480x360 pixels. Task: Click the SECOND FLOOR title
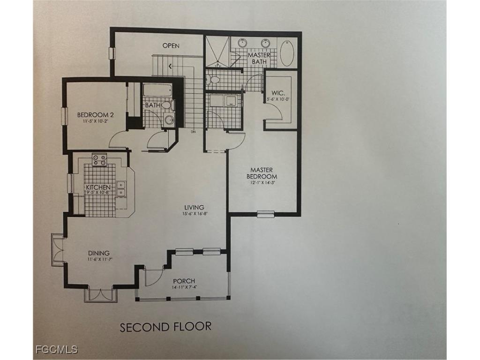click(x=165, y=326)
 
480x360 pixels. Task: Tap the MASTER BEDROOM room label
click(x=263, y=173)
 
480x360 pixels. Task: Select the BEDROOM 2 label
click(x=96, y=115)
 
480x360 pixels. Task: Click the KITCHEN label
click(x=98, y=187)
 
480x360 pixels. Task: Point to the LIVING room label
click(x=194, y=207)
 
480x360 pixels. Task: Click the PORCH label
click(x=184, y=281)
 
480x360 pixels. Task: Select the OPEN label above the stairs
click(x=171, y=45)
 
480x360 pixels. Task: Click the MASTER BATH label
click(x=259, y=58)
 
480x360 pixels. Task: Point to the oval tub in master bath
click(x=287, y=53)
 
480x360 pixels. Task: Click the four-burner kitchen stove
click(x=99, y=160)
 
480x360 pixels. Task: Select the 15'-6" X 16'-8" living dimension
click(x=194, y=213)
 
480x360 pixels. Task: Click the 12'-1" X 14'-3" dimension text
click(x=263, y=183)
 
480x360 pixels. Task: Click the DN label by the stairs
click(x=193, y=132)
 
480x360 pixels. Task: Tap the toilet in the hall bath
click(x=166, y=105)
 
